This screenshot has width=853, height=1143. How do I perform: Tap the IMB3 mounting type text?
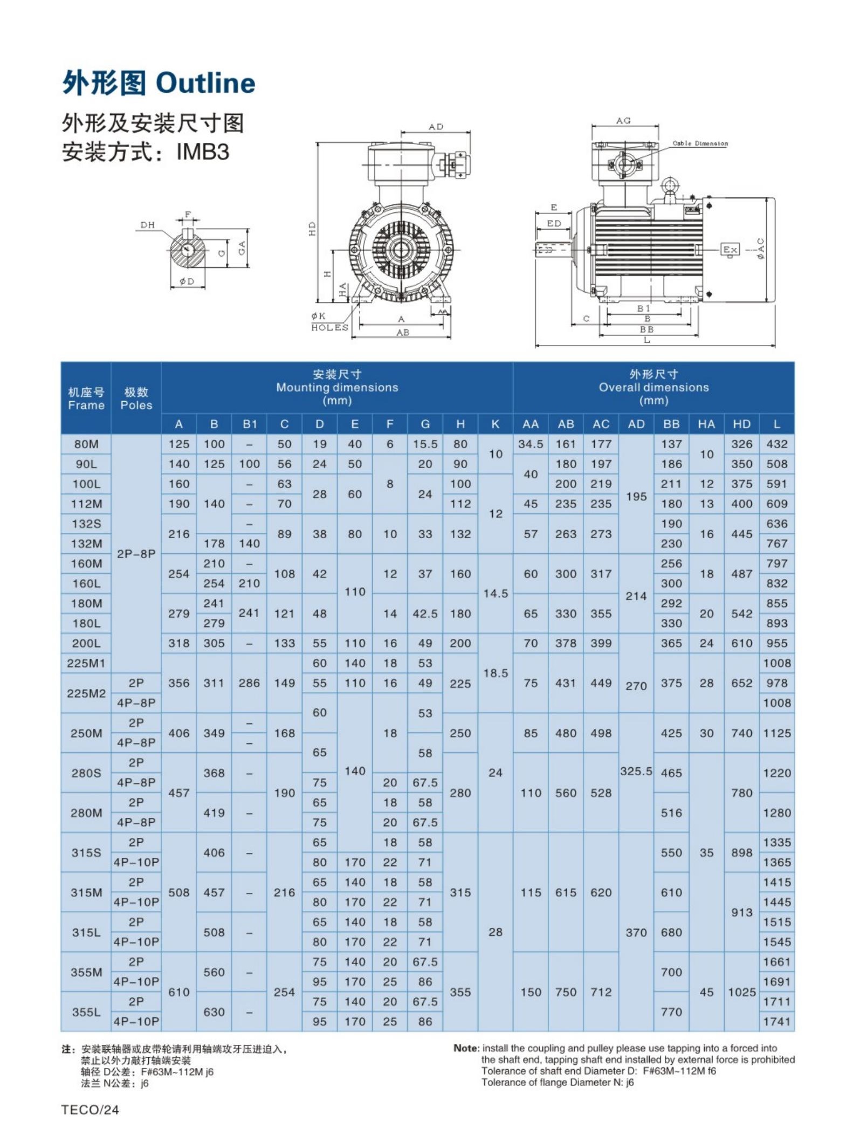point(203,152)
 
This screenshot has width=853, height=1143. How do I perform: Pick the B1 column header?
point(250,424)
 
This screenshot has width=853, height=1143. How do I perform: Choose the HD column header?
point(741,424)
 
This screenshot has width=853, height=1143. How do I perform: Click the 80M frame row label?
point(86,444)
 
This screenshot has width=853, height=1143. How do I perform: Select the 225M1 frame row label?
point(86,663)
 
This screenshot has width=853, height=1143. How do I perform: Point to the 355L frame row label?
point(86,1012)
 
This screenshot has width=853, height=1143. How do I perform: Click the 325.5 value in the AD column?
point(636,771)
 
